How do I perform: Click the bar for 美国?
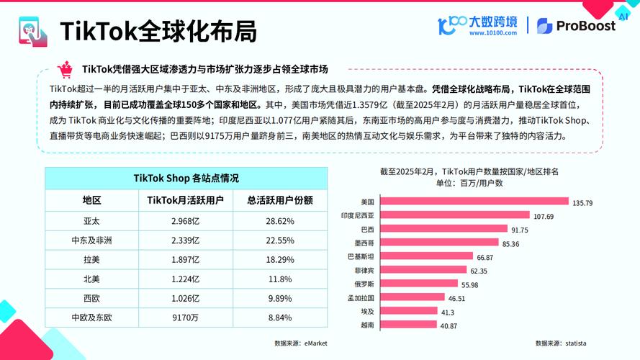(x=474, y=202)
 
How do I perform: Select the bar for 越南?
(x=408, y=325)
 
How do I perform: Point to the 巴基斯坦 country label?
(x=361, y=256)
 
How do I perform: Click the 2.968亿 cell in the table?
(x=185, y=220)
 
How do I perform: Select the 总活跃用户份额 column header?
(x=280, y=200)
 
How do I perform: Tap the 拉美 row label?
(x=91, y=259)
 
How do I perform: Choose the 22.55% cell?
(x=280, y=240)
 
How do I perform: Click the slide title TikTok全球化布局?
(x=158, y=32)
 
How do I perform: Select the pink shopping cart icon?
(x=66, y=69)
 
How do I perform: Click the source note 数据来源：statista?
(x=559, y=343)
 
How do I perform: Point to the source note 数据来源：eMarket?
(x=300, y=343)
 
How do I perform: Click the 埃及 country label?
(x=367, y=311)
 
